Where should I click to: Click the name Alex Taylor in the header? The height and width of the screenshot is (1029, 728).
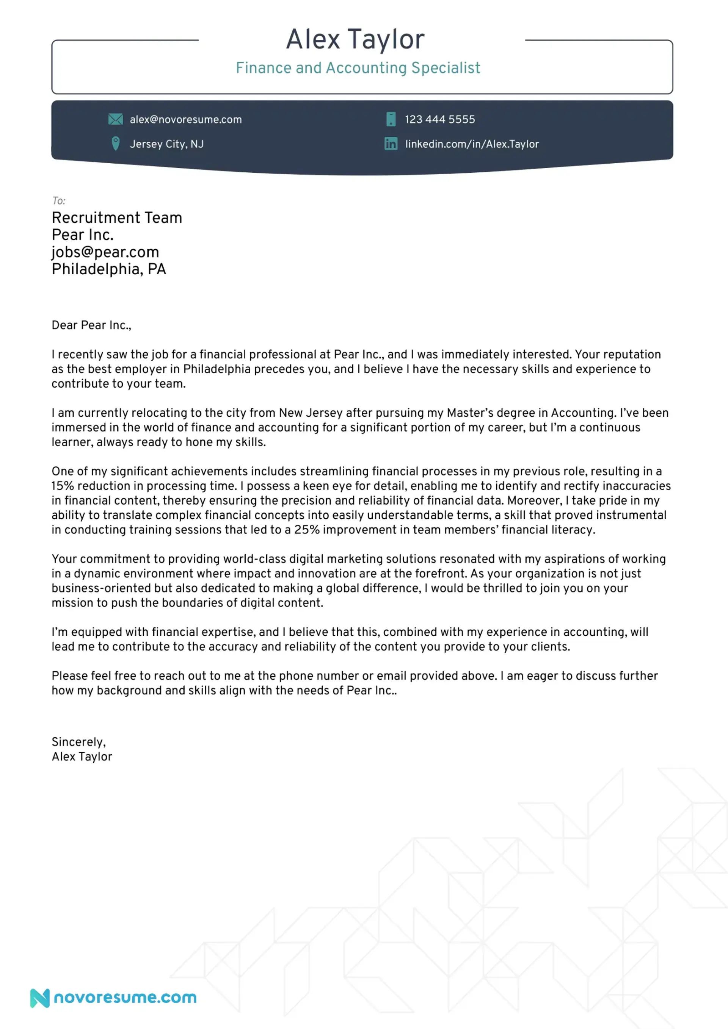pyautogui.click(x=355, y=39)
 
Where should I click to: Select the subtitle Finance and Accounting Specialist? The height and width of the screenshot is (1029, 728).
pyautogui.click(x=358, y=68)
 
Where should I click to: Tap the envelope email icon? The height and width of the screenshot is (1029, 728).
pyautogui.click(x=115, y=119)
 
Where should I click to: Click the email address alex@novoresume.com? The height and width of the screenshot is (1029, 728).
pyautogui.click(x=186, y=120)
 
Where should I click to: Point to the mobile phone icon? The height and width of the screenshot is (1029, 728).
pyautogui.click(x=391, y=119)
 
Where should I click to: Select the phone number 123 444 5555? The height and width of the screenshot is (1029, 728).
pyautogui.click(x=439, y=120)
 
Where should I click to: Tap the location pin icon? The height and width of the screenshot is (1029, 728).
pyautogui.click(x=115, y=144)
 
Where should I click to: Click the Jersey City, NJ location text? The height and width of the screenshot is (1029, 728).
pyautogui.click(x=166, y=144)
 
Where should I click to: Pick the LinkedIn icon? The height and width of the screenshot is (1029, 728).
pyautogui.click(x=391, y=144)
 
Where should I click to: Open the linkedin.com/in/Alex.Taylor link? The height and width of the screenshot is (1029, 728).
pyautogui.click(x=472, y=144)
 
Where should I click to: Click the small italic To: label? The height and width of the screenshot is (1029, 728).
pyautogui.click(x=59, y=201)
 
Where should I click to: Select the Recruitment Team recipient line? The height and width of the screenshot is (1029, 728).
pyautogui.click(x=117, y=218)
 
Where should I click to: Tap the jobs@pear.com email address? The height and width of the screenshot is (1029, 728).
pyautogui.click(x=105, y=252)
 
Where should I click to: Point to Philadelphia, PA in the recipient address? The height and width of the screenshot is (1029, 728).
pyautogui.click(x=109, y=269)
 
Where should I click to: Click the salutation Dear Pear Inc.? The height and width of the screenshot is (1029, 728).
pyautogui.click(x=91, y=325)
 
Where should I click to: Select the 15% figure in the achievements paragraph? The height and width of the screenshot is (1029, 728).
pyautogui.click(x=62, y=486)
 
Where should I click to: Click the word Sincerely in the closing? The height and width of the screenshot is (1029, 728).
pyautogui.click(x=78, y=742)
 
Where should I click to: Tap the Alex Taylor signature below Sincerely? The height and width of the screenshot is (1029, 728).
pyautogui.click(x=82, y=757)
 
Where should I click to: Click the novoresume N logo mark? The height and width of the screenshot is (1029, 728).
pyautogui.click(x=40, y=998)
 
